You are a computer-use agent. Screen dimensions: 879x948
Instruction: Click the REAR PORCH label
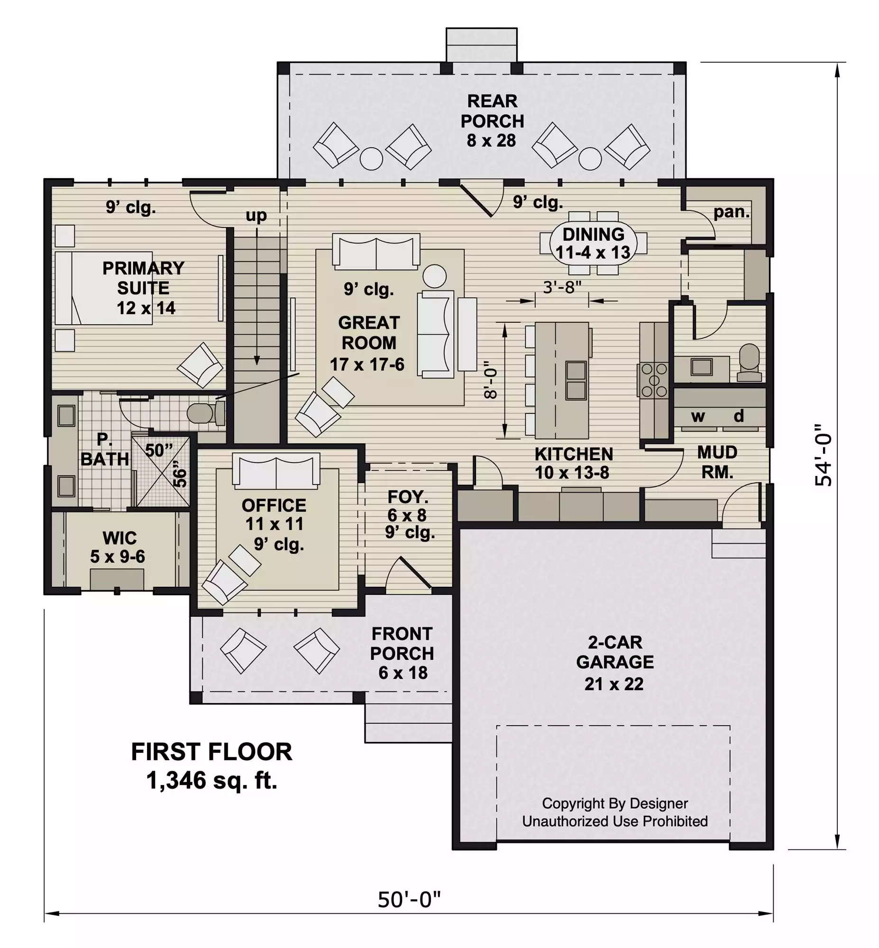tap(492, 121)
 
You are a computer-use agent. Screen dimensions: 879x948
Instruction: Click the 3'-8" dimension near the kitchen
tap(562, 287)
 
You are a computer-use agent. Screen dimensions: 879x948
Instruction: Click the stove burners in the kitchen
tap(654, 380)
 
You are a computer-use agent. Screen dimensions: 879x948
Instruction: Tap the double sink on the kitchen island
tap(576, 380)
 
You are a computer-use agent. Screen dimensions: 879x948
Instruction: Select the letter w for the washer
tap(698, 417)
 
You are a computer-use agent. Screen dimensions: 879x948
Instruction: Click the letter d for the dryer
tap(739, 416)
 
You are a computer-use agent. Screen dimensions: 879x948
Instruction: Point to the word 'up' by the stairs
tap(256, 216)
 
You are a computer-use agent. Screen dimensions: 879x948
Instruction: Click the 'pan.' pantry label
tap(732, 212)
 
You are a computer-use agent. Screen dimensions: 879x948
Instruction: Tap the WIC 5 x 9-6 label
tap(119, 547)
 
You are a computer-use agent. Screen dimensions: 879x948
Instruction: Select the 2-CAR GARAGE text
tap(615, 652)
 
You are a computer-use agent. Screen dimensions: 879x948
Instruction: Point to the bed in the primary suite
tap(104, 288)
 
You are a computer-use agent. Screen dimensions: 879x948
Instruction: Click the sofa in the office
tap(276, 471)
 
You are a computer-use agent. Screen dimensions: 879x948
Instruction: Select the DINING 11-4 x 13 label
tap(593, 243)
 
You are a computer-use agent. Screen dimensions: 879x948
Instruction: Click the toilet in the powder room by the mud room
tap(749, 363)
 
